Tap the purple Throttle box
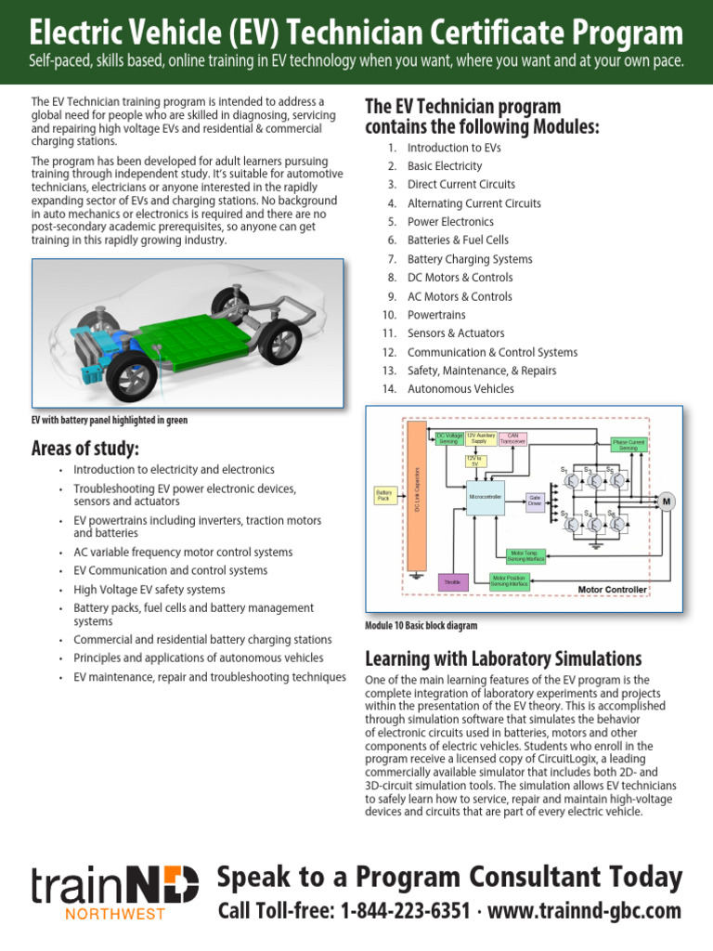click(x=453, y=582)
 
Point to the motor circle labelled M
click(x=665, y=502)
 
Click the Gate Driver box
click(x=535, y=500)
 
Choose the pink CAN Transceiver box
click(x=512, y=439)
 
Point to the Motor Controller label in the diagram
click(x=612, y=590)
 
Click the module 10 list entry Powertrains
click(x=436, y=315)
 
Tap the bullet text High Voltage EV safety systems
click(x=149, y=590)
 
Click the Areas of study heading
click(x=85, y=450)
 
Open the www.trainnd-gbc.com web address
click(x=584, y=911)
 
